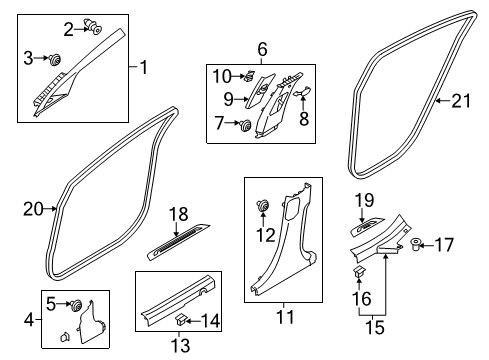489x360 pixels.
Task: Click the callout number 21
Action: (x=461, y=101)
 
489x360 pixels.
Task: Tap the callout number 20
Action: (x=33, y=209)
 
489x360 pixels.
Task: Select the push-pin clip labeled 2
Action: (x=93, y=26)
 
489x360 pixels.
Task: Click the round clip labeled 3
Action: (x=54, y=60)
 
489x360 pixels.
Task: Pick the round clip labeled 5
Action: (x=76, y=305)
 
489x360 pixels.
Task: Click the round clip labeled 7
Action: (x=246, y=126)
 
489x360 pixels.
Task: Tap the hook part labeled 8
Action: (x=302, y=92)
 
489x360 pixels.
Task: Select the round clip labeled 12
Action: (x=263, y=206)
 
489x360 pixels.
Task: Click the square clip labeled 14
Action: (x=181, y=319)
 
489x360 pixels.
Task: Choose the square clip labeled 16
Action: (x=359, y=272)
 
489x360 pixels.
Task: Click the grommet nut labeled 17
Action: (x=415, y=245)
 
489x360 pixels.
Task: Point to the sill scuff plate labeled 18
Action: (x=179, y=242)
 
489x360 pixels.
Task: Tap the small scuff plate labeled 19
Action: (x=368, y=227)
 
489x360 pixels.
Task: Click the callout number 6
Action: (x=262, y=49)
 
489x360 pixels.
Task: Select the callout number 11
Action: (x=285, y=317)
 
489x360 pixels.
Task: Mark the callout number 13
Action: (x=180, y=345)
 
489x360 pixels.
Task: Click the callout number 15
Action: (x=375, y=327)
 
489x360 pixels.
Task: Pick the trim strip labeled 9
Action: (x=260, y=91)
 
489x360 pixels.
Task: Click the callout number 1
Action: (x=144, y=67)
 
